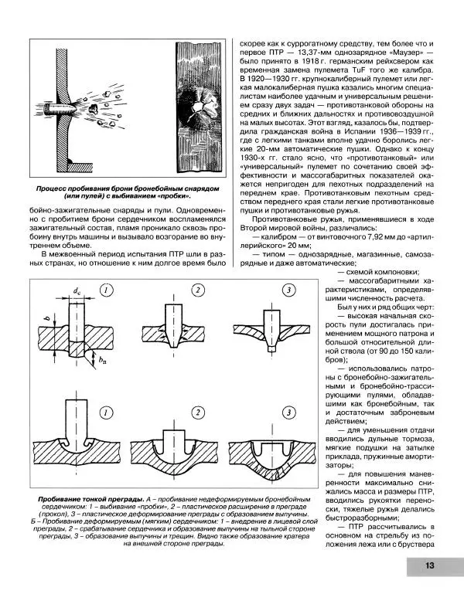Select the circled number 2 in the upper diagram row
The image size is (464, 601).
click(199, 290)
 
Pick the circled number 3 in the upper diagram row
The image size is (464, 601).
click(288, 290)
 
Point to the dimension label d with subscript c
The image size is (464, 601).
click(77, 290)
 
